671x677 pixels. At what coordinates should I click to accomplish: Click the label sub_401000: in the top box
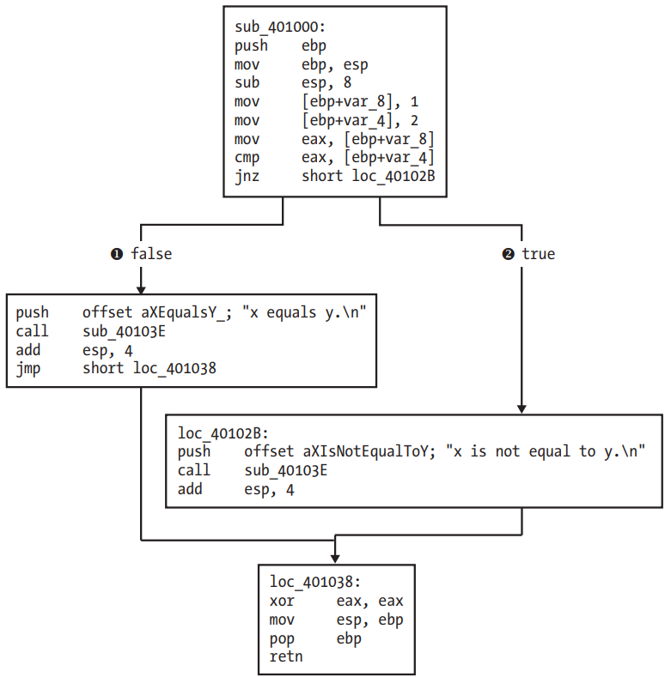[280, 27]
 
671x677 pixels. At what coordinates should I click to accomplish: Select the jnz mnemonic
[247, 177]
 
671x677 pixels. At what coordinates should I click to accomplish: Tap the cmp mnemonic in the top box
[247, 158]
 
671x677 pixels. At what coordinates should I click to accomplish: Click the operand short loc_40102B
[369, 176]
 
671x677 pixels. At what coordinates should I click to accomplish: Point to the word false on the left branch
[151, 254]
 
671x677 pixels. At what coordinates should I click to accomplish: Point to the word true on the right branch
[539, 254]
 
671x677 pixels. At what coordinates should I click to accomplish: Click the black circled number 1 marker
[117, 254]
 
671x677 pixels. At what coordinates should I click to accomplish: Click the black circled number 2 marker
[508, 254]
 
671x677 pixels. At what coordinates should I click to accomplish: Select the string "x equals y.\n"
[304, 312]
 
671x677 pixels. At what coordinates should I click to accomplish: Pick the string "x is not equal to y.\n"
[546, 451]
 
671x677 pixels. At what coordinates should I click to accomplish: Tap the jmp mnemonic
[28, 369]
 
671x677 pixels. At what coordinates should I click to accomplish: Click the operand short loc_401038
[149, 368]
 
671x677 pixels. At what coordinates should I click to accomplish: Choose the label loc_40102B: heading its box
[223, 433]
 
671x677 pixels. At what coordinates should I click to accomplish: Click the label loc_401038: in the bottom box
[315, 582]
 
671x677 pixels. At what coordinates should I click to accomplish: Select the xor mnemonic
[282, 601]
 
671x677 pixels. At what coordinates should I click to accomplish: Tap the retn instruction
[286, 656]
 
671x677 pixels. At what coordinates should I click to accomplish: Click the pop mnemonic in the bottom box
[282, 639]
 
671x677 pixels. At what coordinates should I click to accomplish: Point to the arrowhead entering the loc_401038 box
[335, 559]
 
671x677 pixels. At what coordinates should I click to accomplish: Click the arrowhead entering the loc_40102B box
[522, 409]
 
